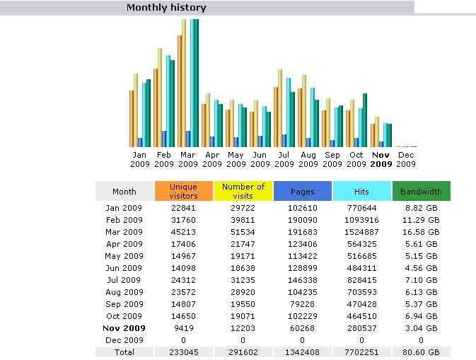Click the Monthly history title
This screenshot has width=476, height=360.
click(x=166, y=8)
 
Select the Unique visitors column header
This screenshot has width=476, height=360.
click(x=183, y=191)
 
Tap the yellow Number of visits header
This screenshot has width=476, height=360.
click(x=243, y=191)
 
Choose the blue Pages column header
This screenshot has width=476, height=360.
click(x=302, y=191)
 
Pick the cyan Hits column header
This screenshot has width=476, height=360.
click(x=361, y=191)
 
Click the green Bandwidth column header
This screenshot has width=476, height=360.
click(x=421, y=191)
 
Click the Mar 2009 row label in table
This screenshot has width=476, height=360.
click(x=124, y=232)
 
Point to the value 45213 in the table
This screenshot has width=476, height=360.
click(x=183, y=232)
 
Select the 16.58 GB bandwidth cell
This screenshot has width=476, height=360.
click(x=421, y=232)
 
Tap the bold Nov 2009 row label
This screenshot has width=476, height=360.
click(x=124, y=328)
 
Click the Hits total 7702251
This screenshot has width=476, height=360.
click(x=361, y=352)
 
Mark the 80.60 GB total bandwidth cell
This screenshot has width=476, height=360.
click(x=421, y=352)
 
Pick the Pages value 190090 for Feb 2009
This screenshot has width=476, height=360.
click(x=302, y=220)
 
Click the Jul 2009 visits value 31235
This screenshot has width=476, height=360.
click(x=243, y=280)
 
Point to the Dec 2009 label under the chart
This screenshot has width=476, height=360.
click(x=406, y=159)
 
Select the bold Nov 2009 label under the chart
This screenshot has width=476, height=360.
click(x=381, y=159)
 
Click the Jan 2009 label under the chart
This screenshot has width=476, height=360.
click(x=140, y=159)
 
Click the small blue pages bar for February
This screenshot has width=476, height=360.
click(x=164, y=139)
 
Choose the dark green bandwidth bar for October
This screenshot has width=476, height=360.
click(x=365, y=120)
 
